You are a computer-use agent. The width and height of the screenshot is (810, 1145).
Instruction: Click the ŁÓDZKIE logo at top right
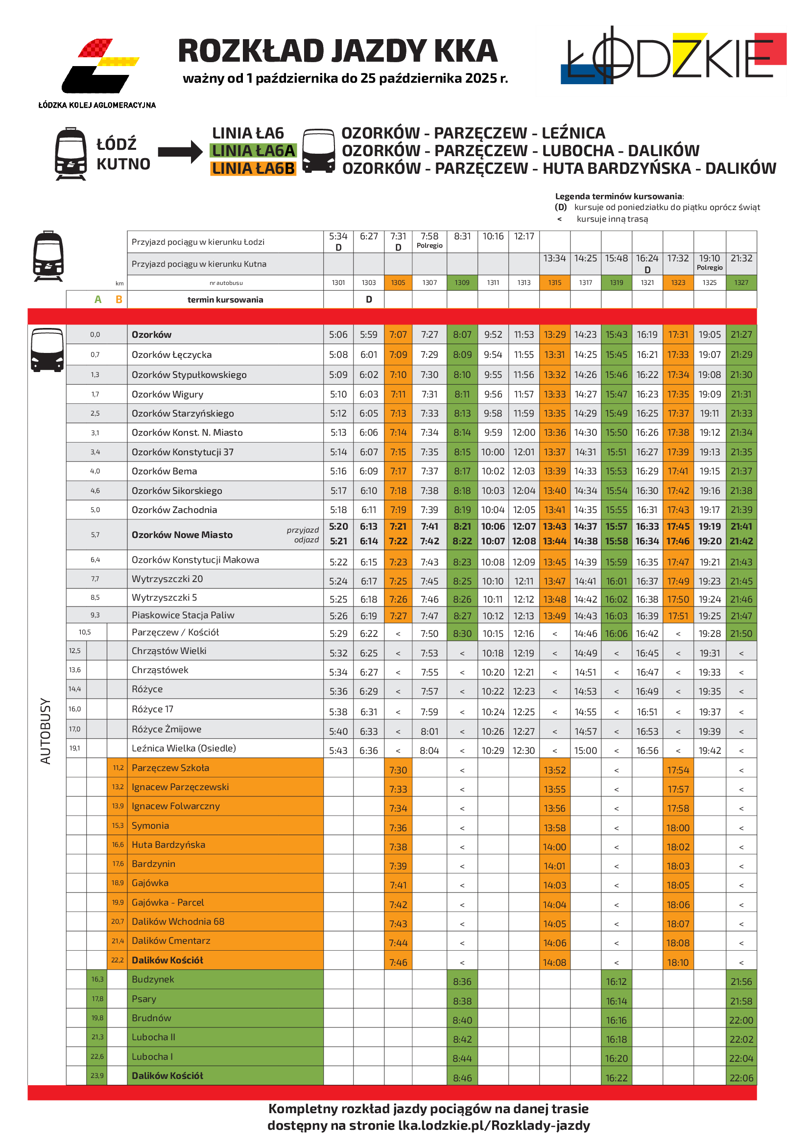click(673, 57)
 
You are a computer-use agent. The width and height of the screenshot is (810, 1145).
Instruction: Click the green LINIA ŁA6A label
click(253, 151)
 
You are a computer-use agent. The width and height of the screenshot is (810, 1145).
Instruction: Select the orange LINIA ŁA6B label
click(253, 168)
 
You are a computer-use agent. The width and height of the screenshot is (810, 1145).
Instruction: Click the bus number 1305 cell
click(398, 283)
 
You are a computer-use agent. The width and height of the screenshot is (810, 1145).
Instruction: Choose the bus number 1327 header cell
click(741, 283)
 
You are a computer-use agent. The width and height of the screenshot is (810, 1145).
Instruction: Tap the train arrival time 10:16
click(493, 236)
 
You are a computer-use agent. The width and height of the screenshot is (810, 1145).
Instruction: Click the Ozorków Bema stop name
click(164, 471)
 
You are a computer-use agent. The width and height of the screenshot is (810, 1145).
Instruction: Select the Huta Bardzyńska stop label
click(168, 845)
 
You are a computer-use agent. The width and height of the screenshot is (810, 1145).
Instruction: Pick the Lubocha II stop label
click(153, 1037)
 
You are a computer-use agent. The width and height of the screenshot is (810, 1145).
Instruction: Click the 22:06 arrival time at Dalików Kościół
click(741, 1078)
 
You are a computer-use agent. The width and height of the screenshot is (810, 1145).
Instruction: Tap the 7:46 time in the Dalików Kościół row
click(398, 963)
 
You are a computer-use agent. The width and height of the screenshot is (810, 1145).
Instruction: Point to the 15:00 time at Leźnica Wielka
click(586, 751)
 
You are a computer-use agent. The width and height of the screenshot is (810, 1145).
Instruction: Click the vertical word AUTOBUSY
click(46, 730)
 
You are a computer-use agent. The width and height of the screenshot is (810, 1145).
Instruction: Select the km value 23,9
click(97, 1075)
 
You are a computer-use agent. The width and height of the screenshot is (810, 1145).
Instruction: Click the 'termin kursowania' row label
click(225, 300)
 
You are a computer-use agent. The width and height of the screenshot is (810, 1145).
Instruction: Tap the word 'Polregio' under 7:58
click(429, 246)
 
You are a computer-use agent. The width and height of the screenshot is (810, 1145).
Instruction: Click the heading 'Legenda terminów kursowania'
click(619, 196)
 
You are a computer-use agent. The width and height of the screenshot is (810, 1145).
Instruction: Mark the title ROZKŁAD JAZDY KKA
click(338, 51)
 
